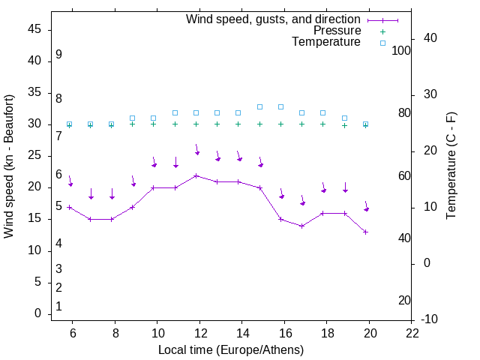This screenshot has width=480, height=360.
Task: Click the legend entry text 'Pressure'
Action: tap(337, 31)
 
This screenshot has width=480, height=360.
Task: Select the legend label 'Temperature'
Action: tap(326, 42)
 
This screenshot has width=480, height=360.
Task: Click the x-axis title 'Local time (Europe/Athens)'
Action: tap(231, 350)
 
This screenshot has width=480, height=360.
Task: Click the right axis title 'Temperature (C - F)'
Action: tap(451, 166)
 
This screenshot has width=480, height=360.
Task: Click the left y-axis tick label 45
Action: tap(34, 30)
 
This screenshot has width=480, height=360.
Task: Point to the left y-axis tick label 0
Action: tap(37, 314)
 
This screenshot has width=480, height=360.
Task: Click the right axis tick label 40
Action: tap(430, 38)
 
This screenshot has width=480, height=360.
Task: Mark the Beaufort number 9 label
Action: tap(58, 55)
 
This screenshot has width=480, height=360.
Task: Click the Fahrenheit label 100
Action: tap(401, 51)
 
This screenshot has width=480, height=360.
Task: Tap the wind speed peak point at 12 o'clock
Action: tap(196, 176)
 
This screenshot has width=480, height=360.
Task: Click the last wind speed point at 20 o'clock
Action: tap(365, 232)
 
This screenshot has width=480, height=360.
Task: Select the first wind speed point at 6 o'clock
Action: tap(69, 207)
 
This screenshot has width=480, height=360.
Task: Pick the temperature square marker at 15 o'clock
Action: tap(259, 106)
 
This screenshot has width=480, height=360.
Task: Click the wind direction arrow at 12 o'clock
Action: tap(197, 149)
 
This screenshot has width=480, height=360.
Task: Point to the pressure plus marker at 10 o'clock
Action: tap(154, 124)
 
